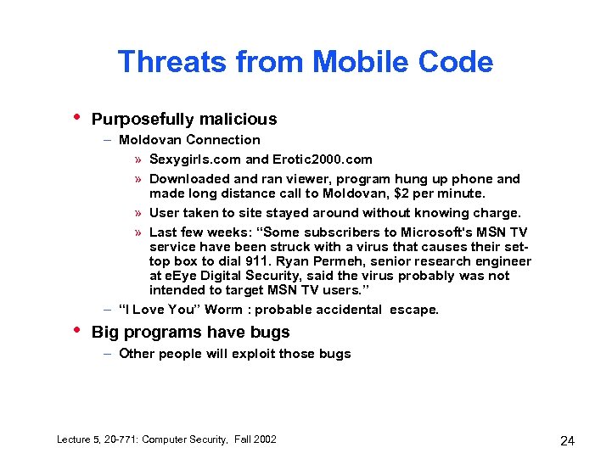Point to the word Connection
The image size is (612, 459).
pos(223,140)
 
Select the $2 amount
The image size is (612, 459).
pos(416,193)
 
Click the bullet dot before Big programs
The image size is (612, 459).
pos(77,328)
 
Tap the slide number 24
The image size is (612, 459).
pos(568,440)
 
